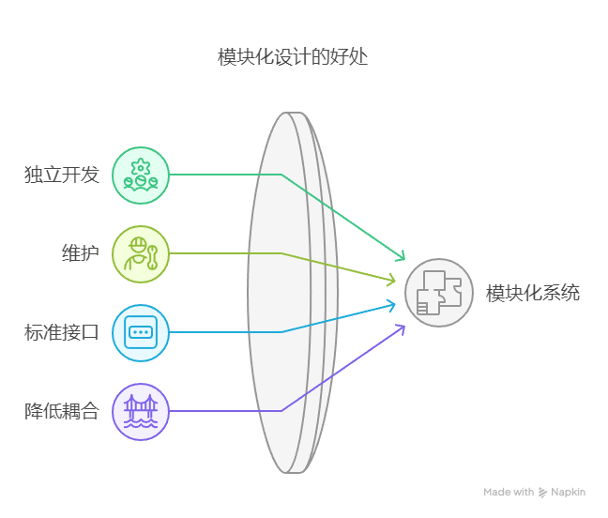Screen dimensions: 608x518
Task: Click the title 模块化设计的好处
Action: tap(293, 57)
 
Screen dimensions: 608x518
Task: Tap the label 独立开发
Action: tap(62, 175)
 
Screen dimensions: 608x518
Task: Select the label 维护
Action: tap(81, 253)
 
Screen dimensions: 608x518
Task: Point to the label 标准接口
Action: tap(62, 333)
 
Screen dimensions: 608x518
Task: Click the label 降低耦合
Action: tap(62, 411)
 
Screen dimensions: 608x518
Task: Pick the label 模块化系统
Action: tap(533, 293)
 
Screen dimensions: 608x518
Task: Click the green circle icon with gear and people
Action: tap(141, 175)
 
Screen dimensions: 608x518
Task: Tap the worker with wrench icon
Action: tap(141, 254)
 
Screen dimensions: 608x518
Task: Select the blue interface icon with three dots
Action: tap(141, 333)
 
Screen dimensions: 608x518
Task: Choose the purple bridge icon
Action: tap(141, 412)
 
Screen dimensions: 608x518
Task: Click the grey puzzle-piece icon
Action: tap(439, 293)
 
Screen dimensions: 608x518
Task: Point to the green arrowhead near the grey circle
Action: tap(401, 256)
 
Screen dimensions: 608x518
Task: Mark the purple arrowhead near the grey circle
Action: tap(401, 329)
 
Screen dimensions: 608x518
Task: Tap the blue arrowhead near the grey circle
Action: tap(391, 306)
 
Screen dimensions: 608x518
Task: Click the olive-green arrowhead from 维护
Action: tap(391, 280)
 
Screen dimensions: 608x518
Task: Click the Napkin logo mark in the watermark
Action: tap(542, 493)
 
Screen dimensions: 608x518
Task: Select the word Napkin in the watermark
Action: tap(568, 493)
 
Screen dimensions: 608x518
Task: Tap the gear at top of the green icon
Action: tap(141, 167)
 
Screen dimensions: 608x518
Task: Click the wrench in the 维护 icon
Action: tap(152, 257)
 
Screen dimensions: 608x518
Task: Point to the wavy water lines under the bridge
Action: tap(141, 424)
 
